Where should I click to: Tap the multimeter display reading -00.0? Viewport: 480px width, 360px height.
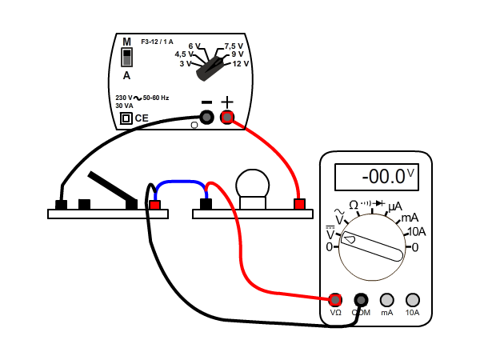click(376, 176)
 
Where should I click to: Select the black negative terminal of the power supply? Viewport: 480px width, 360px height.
click(206, 118)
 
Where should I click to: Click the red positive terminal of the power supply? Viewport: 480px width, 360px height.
click(227, 118)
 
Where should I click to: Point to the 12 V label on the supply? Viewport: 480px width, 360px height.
click(241, 63)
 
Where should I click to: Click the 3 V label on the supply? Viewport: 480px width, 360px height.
click(186, 63)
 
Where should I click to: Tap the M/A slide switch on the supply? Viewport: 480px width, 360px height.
click(126, 57)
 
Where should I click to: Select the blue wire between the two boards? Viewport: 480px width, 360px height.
click(181, 183)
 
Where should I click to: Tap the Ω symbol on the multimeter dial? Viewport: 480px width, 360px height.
click(354, 206)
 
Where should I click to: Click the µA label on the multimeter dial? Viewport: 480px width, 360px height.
click(395, 206)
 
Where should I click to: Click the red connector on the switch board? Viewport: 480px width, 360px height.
click(155, 205)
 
